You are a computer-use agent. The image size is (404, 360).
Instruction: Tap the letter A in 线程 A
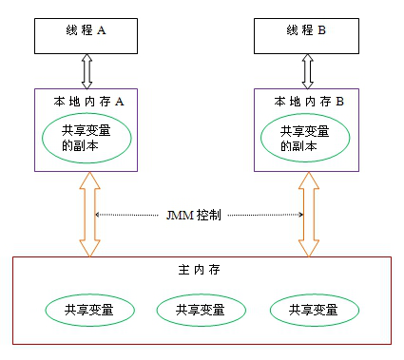102,30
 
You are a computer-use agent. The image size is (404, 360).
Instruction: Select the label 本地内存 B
308,102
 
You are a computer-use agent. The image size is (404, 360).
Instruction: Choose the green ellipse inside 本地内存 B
307,138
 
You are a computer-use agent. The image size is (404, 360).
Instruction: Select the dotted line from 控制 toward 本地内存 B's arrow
261,216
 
